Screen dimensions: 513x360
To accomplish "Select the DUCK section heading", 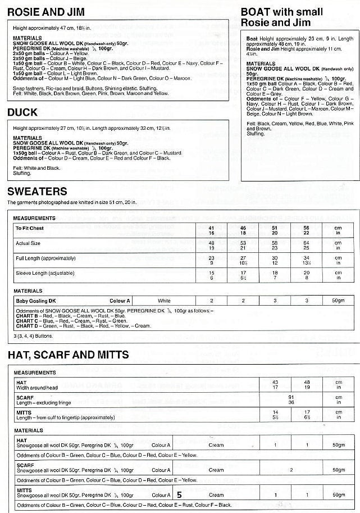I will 22,112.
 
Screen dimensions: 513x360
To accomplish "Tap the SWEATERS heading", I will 37,192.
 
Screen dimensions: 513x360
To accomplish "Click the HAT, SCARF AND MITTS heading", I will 68,355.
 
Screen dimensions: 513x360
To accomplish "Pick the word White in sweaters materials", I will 164,301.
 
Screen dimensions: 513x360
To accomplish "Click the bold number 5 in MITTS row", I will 179,495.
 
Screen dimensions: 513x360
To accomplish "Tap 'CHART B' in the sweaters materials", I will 25,315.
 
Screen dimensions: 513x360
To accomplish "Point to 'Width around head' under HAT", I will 38,387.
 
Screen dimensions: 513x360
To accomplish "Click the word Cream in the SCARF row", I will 216,470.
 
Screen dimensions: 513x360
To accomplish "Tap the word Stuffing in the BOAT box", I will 256,134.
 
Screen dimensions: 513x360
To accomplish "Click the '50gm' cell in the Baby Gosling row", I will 338,301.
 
